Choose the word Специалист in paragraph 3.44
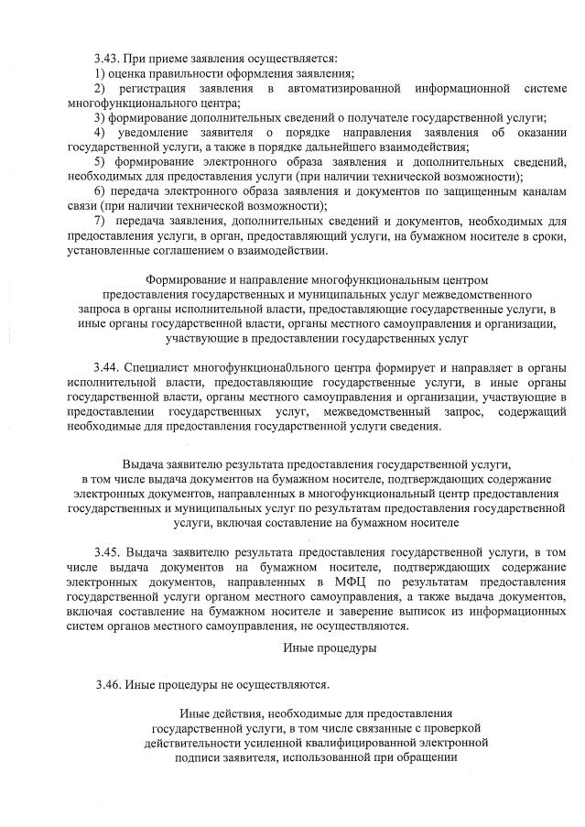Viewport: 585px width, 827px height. click(x=153, y=365)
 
